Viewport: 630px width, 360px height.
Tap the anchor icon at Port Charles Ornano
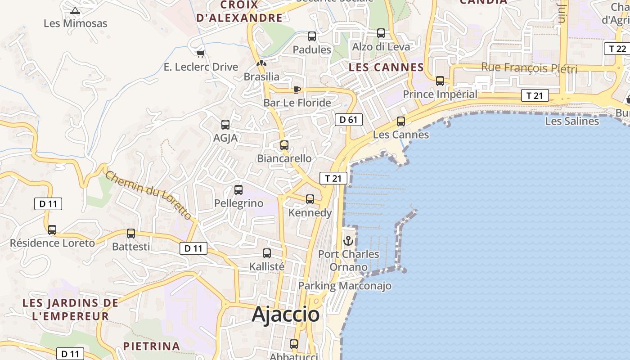(348, 241)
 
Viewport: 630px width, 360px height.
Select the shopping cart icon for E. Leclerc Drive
(201, 54)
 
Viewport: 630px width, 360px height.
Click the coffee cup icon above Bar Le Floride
(297, 90)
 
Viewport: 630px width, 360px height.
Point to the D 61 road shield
(348, 120)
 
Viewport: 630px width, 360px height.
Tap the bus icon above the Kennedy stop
(310, 199)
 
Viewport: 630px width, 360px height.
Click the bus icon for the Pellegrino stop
(238, 190)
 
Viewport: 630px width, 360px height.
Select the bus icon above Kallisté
(267, 253)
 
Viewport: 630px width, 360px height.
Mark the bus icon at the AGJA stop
(225, 125)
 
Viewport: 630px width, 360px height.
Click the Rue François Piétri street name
(529, 68)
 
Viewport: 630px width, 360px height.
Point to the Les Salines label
(572, 121)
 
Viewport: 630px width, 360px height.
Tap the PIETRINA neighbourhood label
(152, 346)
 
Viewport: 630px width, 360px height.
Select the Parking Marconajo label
(345, 286)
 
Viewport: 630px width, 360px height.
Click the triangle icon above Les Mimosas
(75, 10)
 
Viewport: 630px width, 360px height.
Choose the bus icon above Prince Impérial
(440, 81)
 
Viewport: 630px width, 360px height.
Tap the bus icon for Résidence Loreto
(52, 230)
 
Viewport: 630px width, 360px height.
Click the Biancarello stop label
(284, 158)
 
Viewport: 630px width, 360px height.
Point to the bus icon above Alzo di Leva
(381, 33)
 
